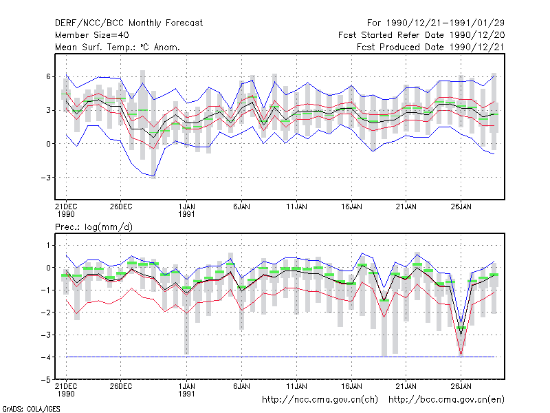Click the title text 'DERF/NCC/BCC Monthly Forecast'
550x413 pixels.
[129, 23]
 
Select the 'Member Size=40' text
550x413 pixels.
[92, 35]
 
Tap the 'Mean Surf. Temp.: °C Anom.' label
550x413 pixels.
[118, 47]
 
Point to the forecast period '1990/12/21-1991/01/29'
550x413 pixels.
[445, 23]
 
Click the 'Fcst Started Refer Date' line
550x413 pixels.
[391, 35]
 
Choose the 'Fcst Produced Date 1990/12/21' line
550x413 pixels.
[430, 47]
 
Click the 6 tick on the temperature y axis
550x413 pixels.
[48, 76]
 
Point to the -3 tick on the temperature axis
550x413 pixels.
[46, 178]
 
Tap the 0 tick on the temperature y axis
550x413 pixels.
[48, 144]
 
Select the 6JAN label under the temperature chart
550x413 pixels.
[242, 206]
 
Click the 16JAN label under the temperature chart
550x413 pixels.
[351, 206]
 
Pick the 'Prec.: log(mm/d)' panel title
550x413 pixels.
[93, 227]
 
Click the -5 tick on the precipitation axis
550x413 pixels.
[46, 380]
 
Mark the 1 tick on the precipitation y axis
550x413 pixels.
[48, 245]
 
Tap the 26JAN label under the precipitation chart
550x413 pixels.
[461, 386]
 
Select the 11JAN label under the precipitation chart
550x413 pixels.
[296, 386]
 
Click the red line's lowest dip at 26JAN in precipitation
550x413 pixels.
[461, 354]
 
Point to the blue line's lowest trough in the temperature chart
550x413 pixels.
[153, 176]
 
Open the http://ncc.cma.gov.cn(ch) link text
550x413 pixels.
[320, 400]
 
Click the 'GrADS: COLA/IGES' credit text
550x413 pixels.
[32, 409]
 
